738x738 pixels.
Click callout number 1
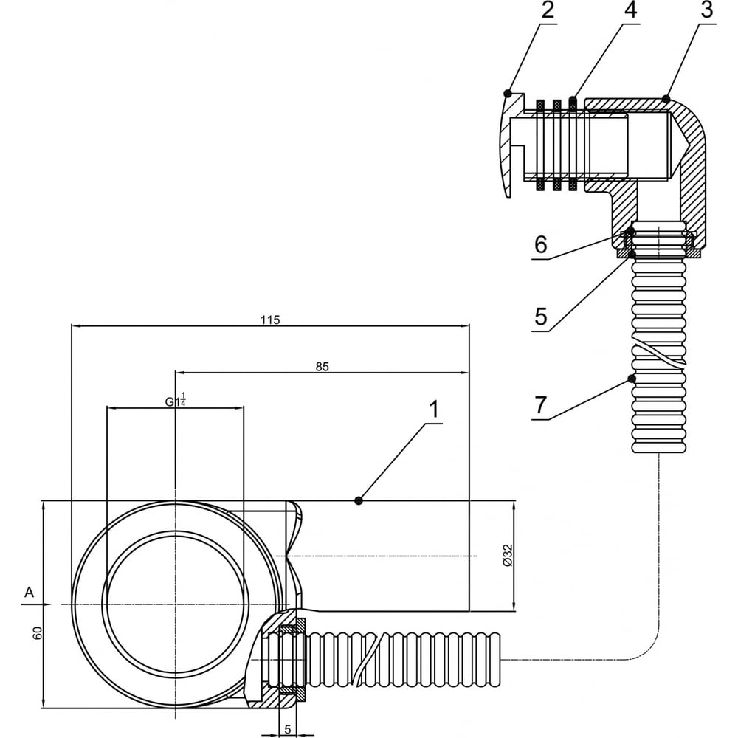tap(434, 409)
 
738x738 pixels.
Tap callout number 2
tap(548, 10)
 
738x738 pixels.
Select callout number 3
tap(706, 10)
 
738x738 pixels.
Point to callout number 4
tap(630, 10)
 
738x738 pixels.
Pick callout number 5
tap(541, 316)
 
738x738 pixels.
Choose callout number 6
tap(541, 245)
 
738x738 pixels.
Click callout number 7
tap(540, 404)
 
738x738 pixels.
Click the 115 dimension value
tap(270, 320)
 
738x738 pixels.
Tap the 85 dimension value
tap(322, 367)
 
